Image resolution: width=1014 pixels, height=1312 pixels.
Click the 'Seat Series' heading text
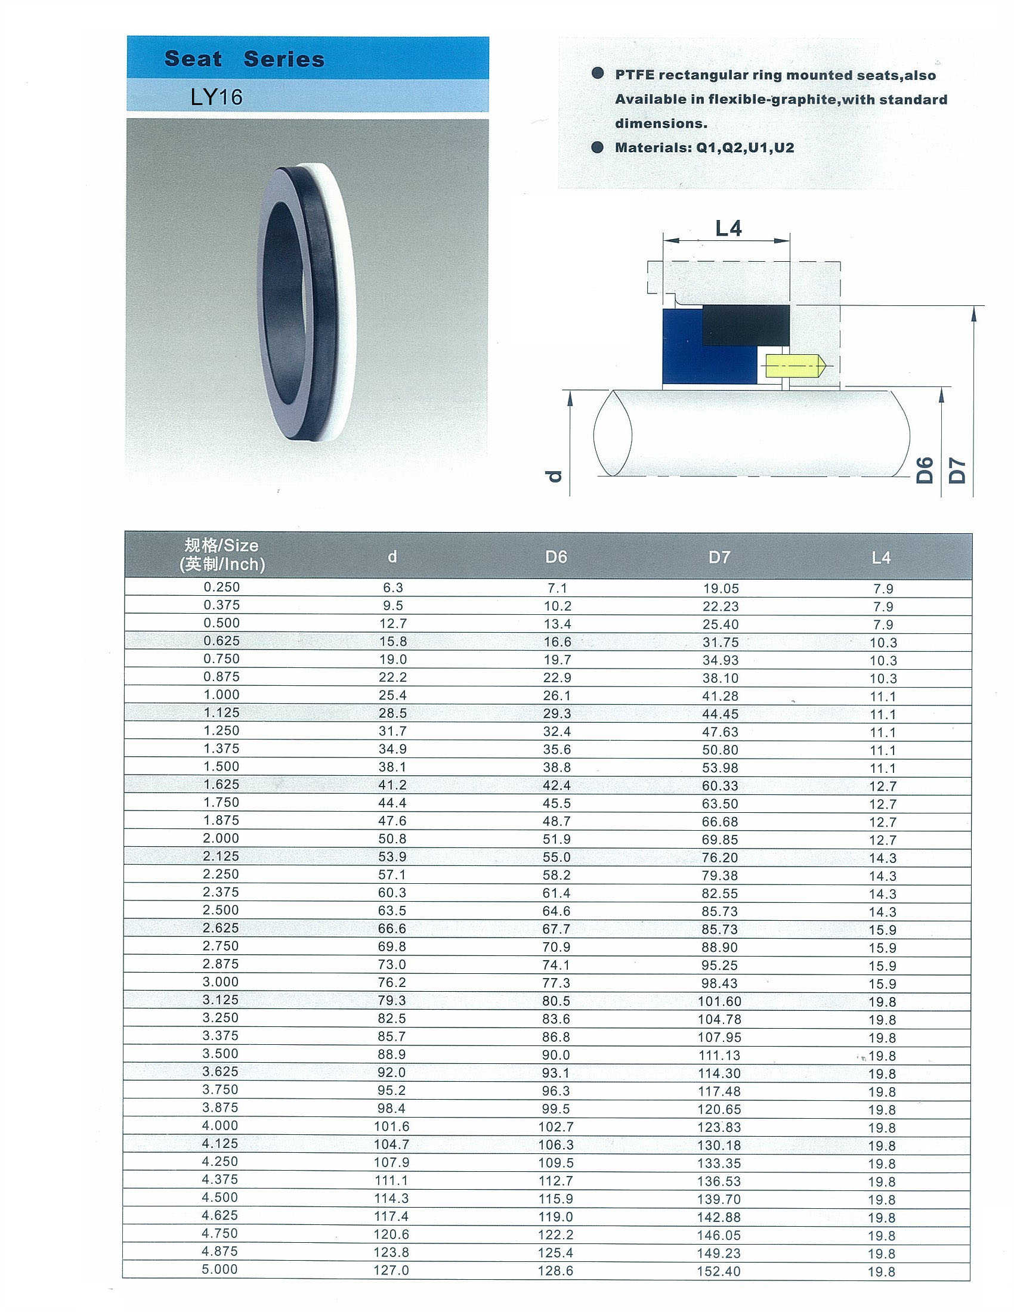245,59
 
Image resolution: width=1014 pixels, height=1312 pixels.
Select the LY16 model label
217,97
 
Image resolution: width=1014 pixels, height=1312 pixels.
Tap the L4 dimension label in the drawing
728,228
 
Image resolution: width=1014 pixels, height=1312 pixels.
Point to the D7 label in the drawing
957,471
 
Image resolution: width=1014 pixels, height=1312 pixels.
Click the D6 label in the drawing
925,471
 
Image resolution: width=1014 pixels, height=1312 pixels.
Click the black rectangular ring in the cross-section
746,325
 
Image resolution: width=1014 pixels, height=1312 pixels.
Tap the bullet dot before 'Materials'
597,147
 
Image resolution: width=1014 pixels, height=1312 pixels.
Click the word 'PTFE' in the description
635,75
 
